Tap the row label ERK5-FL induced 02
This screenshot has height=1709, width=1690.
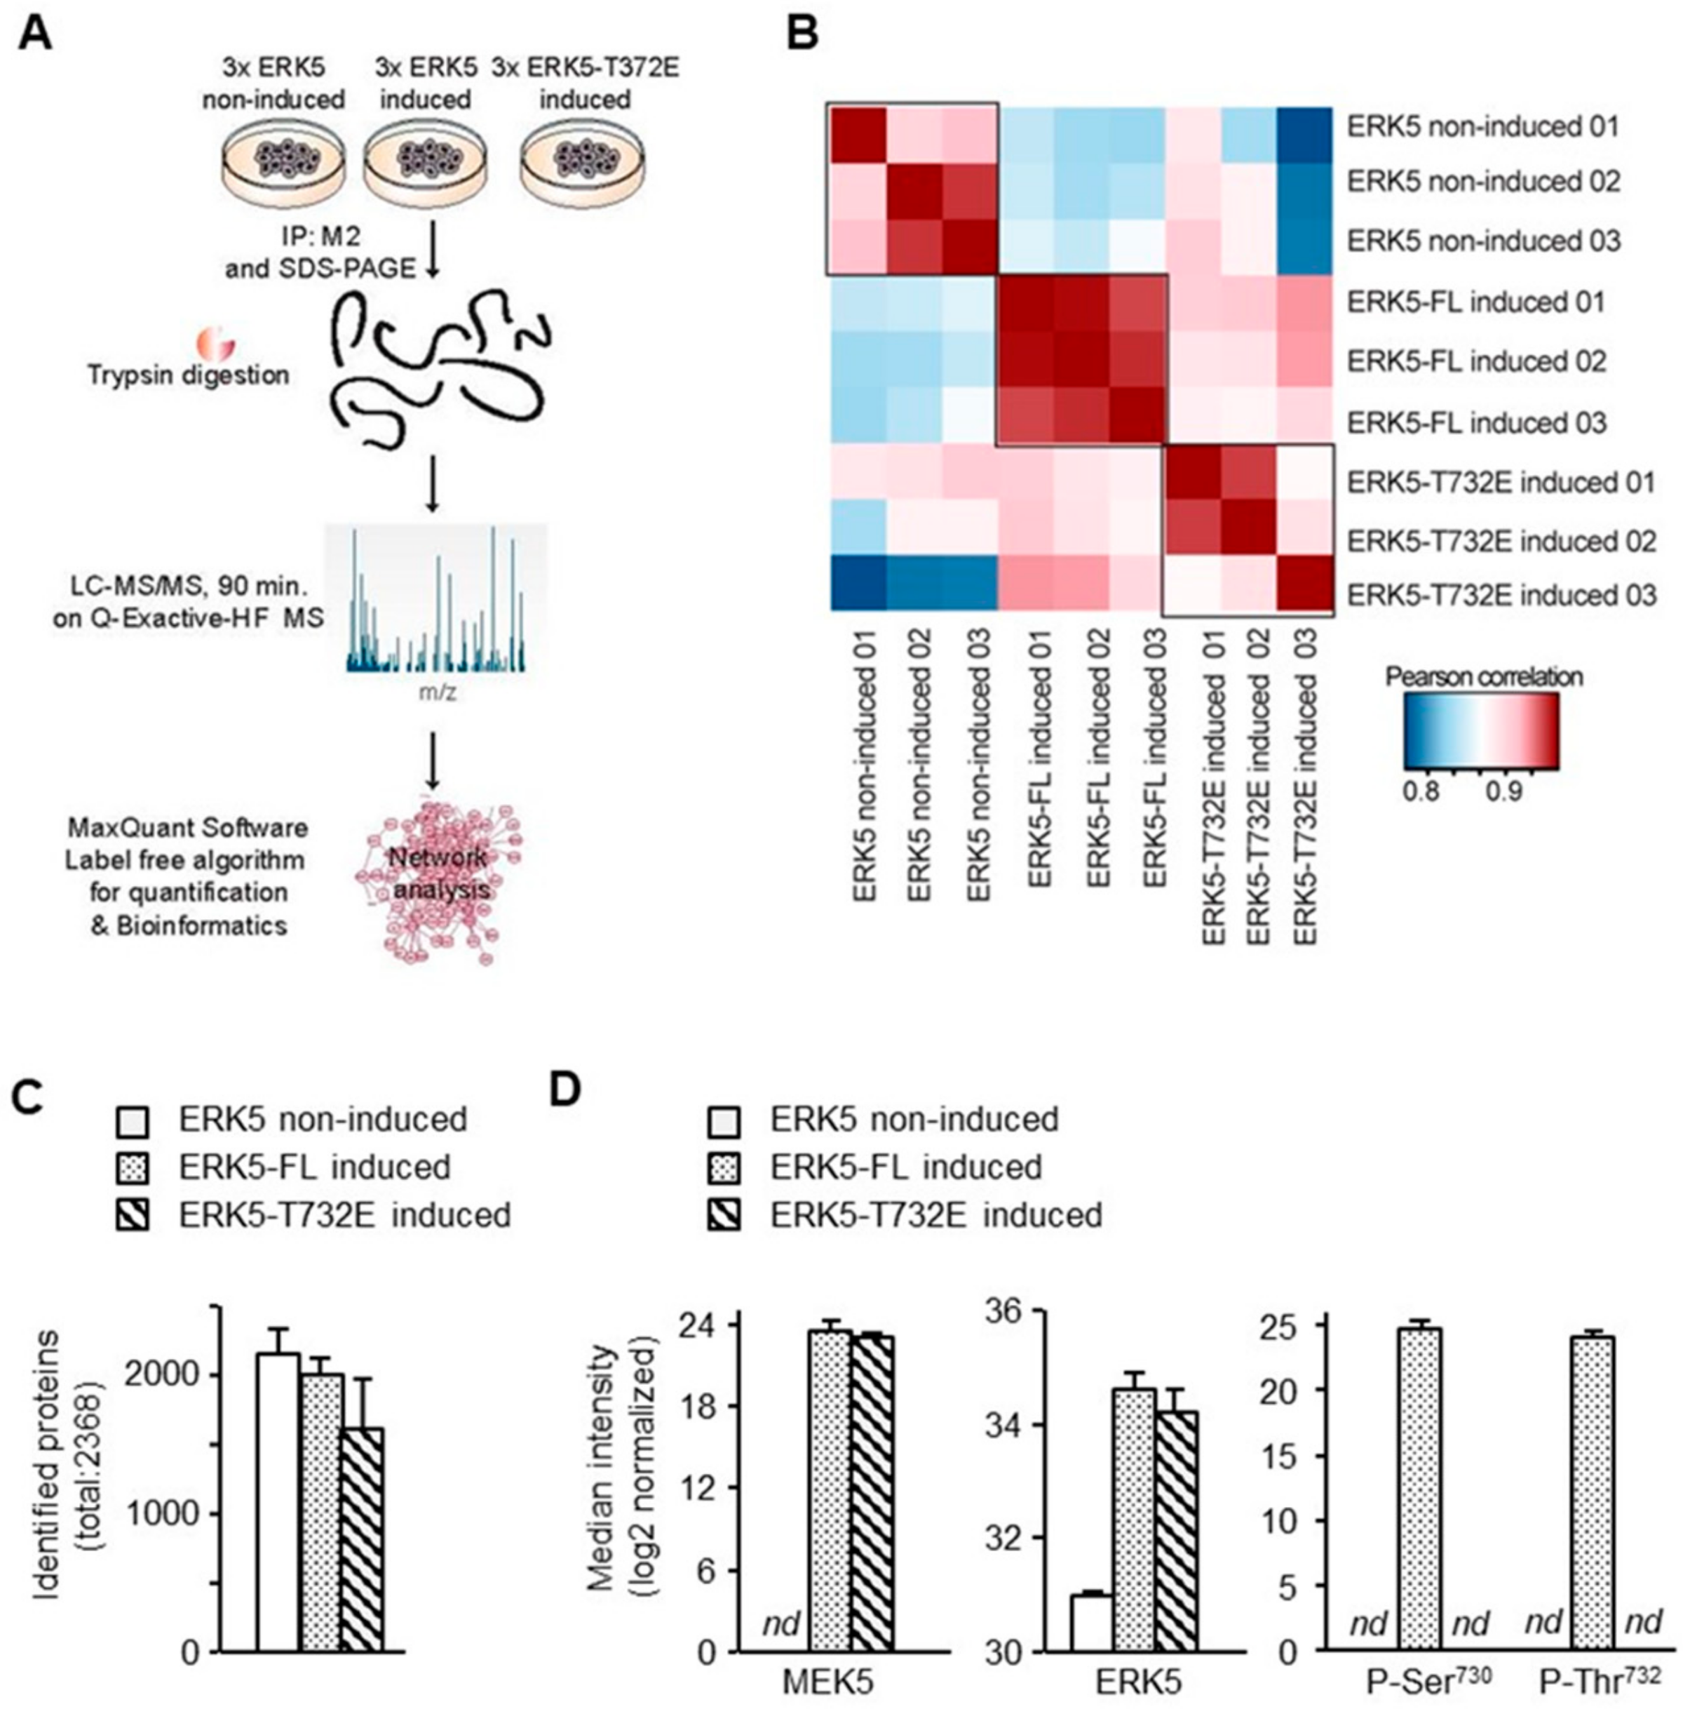(x=1476, y=362)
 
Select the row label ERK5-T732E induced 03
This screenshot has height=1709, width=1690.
(x=1501, y=596)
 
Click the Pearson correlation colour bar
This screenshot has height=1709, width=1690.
(x=1480, y=730)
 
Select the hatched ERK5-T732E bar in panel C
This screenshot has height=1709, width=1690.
(x=362, y=1539)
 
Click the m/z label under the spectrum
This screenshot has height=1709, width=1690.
(x=438, y=692)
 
